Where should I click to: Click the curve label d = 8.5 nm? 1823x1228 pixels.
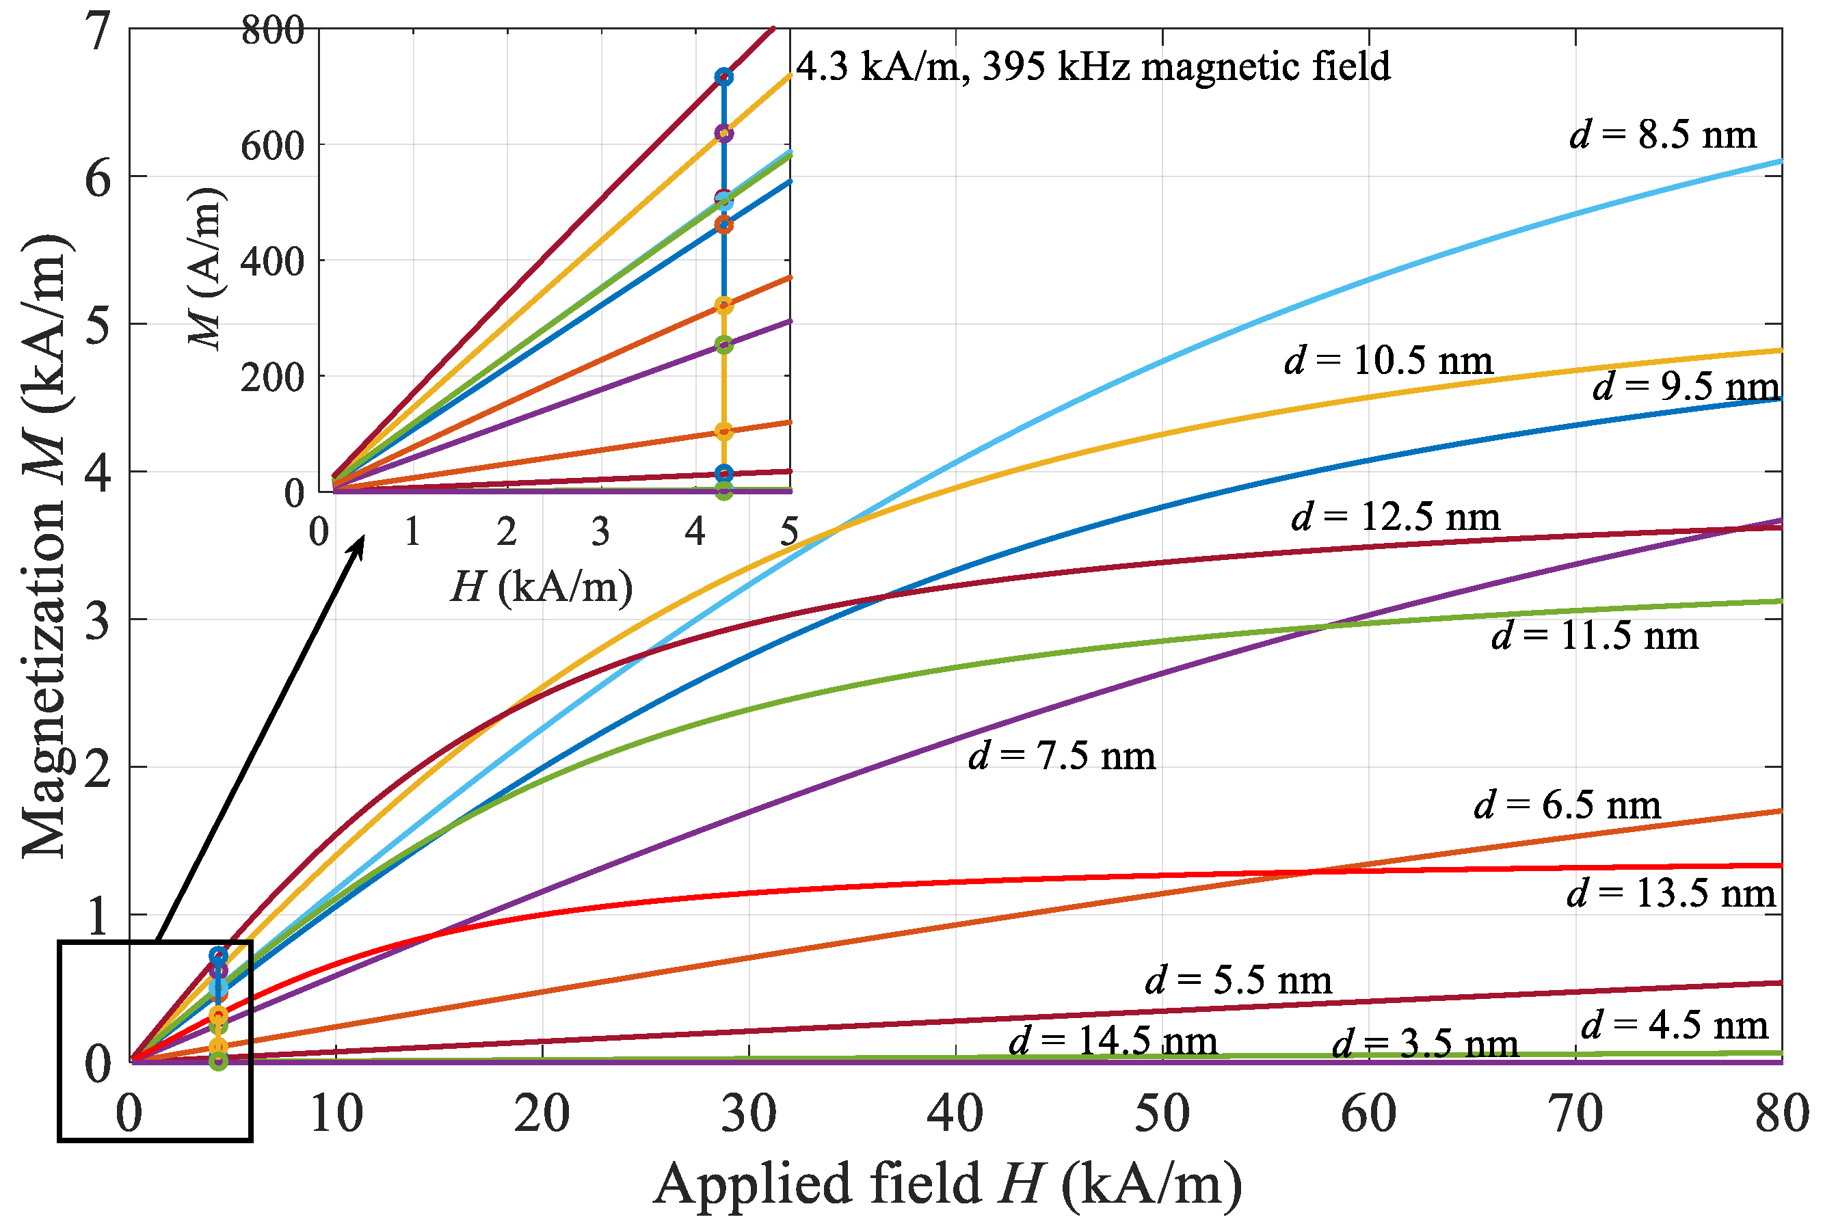1662,135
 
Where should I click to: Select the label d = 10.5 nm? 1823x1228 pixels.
1388,360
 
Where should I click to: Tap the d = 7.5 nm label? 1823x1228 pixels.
1062,756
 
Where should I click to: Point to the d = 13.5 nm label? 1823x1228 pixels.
1671,893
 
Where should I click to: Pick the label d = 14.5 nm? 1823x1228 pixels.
1113,1041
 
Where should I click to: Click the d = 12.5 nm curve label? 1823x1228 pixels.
1396,517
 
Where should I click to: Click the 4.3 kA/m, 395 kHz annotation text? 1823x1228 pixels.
1093,66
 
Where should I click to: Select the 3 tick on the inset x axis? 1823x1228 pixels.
600,533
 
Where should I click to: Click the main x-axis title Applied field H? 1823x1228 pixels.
948,1184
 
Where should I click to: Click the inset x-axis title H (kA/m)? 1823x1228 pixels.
541,586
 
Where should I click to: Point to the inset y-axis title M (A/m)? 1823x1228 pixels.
206,269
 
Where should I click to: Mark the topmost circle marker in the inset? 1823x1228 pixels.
723,77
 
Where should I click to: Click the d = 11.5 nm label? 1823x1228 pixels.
1595,635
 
